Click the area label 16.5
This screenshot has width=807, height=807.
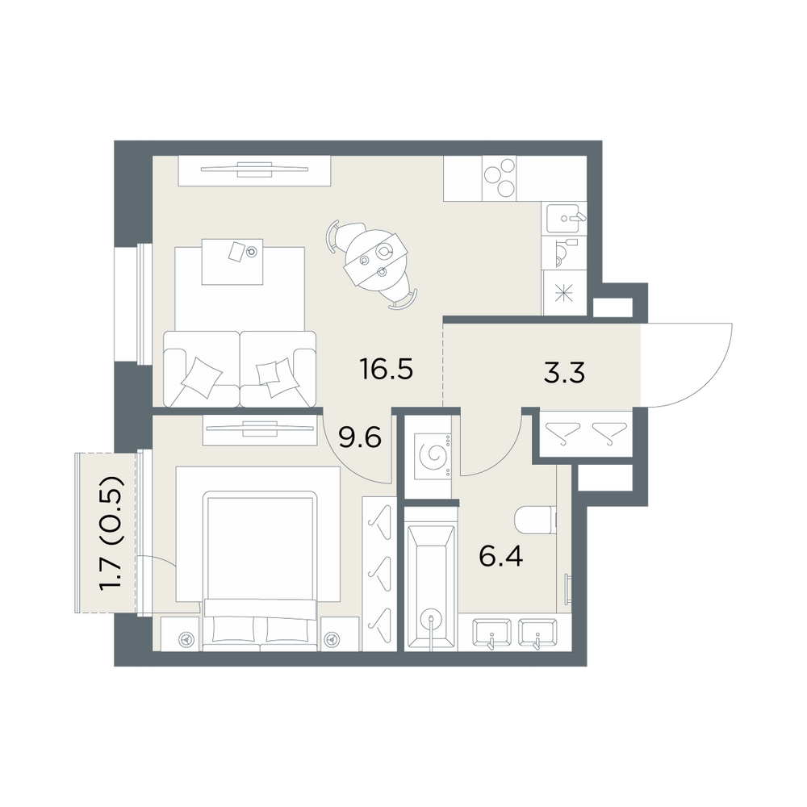386,370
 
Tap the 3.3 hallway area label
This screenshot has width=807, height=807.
564,373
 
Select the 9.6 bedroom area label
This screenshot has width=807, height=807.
360,438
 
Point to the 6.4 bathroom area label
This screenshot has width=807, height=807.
501,556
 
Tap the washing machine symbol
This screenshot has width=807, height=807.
431,455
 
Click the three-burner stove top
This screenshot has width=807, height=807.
500,178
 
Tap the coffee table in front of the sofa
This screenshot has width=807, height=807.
232,261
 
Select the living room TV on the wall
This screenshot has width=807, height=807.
254,169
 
